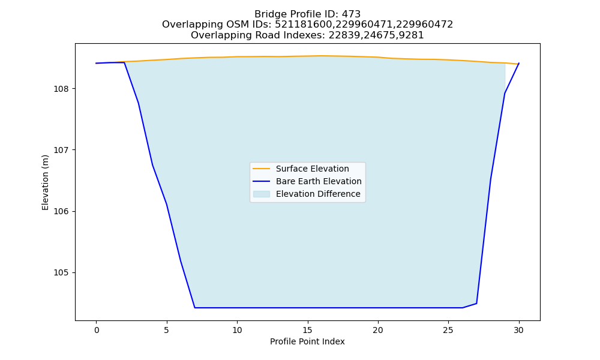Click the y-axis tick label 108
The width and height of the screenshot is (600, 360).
pos(61,89)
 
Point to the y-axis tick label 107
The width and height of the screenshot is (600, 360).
pos(61,151)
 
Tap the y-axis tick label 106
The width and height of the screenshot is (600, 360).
pos(61,212)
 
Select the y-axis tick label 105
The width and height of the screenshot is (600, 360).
pos(61,273)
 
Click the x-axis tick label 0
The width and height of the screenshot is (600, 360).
pos(97,330)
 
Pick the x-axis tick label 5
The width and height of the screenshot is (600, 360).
pos(167,330)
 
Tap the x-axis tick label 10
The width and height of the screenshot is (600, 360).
pos(237,330)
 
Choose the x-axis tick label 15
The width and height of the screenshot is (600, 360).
pos(308,330)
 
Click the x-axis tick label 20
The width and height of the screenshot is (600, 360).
pos(378,330)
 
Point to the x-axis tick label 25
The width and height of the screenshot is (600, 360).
pos(448,330)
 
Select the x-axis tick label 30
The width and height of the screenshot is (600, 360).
pos(519,330)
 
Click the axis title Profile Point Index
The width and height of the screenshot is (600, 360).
pos(307,341)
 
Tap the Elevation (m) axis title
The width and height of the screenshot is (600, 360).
pos(45,182)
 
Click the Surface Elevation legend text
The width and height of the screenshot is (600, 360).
pos(312,169)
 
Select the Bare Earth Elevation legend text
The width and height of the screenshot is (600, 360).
pos(319,181)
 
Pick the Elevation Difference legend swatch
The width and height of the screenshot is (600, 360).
pos(262,194)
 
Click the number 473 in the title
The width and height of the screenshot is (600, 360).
pos(351,14)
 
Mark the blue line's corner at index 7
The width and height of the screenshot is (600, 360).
pos(195,308)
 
